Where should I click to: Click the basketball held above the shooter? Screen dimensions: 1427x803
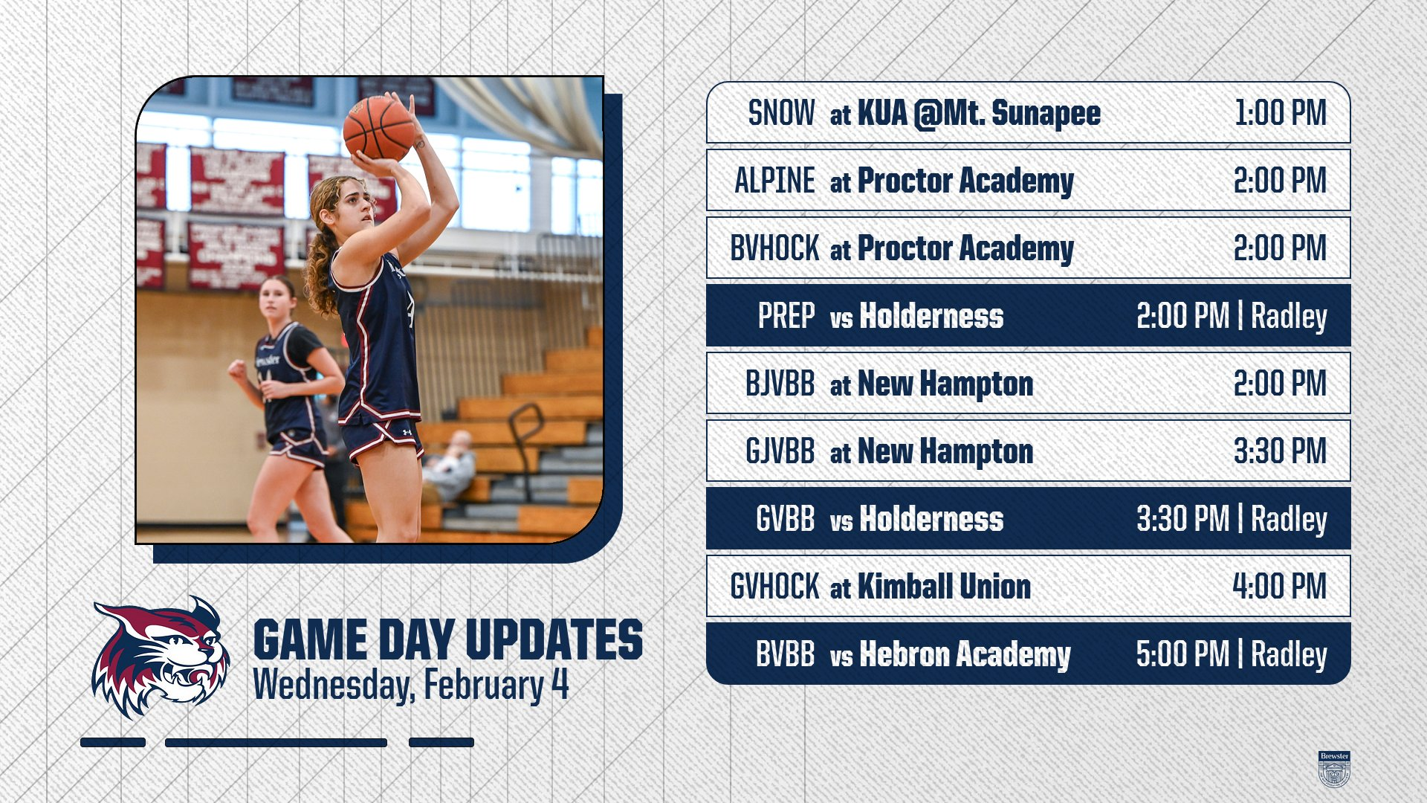tap(379, 128)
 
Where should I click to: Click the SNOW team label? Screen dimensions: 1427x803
tap(781, 113)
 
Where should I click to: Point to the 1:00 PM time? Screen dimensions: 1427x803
tap(1281, 113)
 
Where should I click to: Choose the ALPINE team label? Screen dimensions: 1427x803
tap(774, 181)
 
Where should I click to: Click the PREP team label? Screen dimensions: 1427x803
tap(786, 316)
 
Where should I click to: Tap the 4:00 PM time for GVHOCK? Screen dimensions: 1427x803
tap(1280, 587)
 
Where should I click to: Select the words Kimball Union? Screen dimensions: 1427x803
tap(944, 587)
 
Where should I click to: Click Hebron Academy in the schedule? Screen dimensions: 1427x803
tap(965, 655)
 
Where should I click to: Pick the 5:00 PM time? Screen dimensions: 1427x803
tap(1182, 654)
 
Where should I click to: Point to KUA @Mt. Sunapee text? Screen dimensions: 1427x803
tap(979, 114)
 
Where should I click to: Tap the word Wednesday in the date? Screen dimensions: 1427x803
tap(333, 686)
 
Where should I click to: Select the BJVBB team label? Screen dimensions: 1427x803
tap(780, 384)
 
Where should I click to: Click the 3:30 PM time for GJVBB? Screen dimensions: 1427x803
tap(1280, 451)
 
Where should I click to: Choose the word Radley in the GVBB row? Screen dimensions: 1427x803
tap(1289, 520)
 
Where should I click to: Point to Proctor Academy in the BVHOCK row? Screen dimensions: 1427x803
tap(965, 249)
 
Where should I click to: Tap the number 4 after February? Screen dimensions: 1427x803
tap(560, 684)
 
